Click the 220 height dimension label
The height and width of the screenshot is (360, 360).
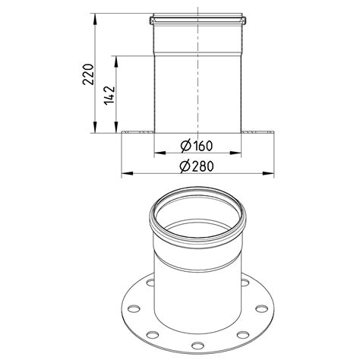[x=88, y=74]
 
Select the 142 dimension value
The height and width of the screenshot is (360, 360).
[x=109, y=96]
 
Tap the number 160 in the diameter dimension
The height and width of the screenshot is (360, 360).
[x=202, y=146]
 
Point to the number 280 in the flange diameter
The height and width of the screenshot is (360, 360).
[x=203, y=166]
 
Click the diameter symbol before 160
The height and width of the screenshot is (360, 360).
[x=185, y=146]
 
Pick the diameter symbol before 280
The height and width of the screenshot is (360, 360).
[x=185, y=166]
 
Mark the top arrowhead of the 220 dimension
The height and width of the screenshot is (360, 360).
[x=95, y=19]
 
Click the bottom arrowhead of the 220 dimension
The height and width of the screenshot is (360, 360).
[x=95, y=127]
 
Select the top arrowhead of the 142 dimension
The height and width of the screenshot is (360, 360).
[x=116, y=62]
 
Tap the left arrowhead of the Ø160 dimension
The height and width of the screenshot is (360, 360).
[x=160, y=153]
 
